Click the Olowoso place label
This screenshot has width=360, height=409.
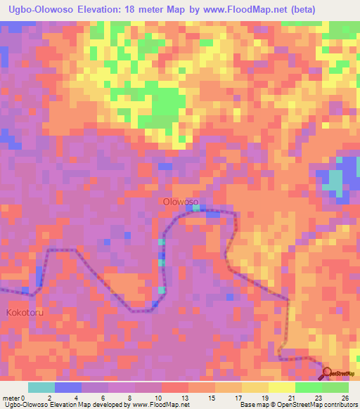181,202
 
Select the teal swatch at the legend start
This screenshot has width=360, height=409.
41,387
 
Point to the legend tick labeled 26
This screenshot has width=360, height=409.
345,396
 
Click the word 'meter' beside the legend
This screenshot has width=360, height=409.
11,396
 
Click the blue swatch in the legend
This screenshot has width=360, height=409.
68,387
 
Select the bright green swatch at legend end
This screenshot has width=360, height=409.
335,387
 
